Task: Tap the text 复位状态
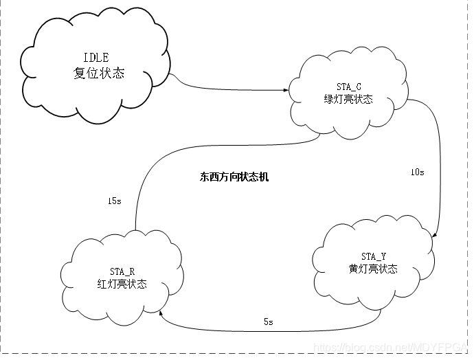click(99, 73)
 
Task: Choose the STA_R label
click(122, 271)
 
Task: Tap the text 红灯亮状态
click(122, 284)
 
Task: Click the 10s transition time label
click(417, 172)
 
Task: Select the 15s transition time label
click(115, 201)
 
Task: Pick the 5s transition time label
click(269, 322)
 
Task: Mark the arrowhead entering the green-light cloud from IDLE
click(286, 89)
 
